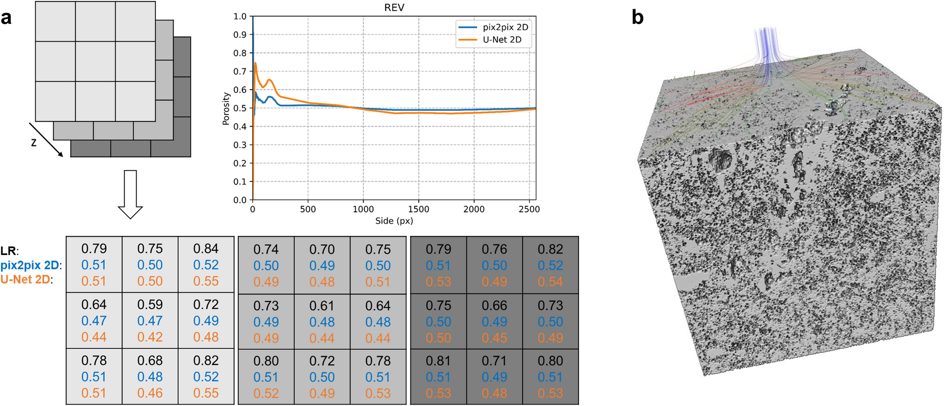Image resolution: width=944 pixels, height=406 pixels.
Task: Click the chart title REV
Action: coord(394,8)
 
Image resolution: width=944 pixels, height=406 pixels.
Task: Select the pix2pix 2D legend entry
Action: coord(505,27)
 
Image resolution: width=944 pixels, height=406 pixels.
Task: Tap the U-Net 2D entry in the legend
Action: coord(501,40)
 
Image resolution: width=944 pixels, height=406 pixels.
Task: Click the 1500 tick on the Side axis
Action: coord(418,209)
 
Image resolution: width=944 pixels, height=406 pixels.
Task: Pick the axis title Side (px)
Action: coord(394,221)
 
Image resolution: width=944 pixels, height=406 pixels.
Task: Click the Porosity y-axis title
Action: coord(226,109)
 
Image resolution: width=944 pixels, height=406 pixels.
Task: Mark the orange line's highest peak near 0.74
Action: coord(255,63)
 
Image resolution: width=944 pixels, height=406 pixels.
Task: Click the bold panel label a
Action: coord(6,18)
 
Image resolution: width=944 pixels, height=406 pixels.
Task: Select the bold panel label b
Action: coord(637,17)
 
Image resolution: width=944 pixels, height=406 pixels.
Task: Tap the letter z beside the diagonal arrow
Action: coord(33,142)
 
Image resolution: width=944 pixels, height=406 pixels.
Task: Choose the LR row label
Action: coord(9,250)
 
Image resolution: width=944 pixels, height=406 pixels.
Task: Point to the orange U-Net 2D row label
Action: coord(26,280)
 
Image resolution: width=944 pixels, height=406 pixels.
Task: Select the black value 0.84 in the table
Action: coord(206,249)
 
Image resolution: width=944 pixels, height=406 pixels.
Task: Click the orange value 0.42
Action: coord(150,337)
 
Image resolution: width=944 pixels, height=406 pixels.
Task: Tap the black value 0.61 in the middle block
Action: coord(322,306)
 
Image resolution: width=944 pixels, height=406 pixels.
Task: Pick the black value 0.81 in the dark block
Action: coord(438,361)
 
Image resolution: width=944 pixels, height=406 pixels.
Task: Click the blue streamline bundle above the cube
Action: coord(767,47)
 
